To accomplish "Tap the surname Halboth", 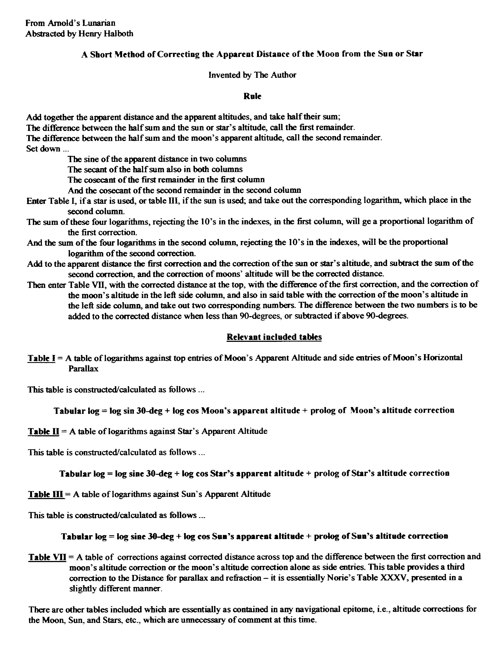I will coord(119,34).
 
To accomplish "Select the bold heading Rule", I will coord(252,96).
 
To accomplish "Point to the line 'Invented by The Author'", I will coord(252,75).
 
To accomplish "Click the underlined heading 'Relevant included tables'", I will coord(274,337).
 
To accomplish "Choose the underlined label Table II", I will coord(44,431).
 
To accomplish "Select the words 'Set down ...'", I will coord(47,149).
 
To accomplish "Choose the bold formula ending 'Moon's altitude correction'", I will coord(254,410).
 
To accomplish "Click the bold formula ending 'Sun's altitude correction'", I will coord(255,536).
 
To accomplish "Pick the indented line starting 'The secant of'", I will coord(155,169).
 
